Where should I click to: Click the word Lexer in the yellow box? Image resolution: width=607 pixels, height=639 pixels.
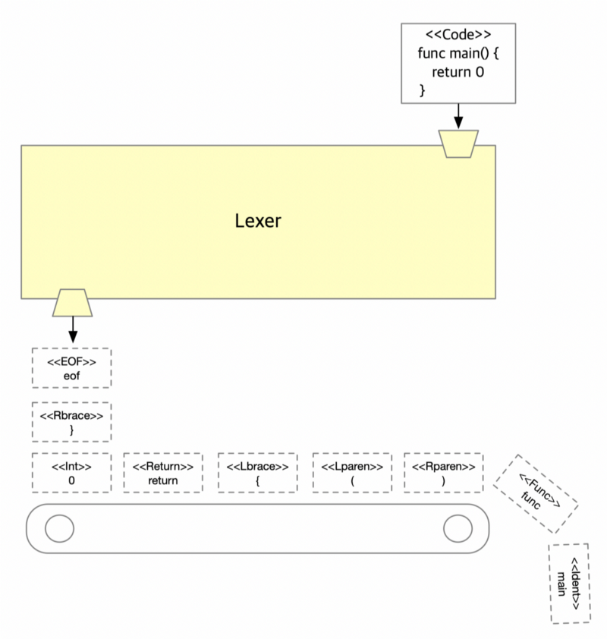(258, 221)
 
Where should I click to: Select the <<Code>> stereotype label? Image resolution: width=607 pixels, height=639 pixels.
(458, 35)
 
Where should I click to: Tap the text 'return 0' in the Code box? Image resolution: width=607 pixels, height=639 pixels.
(458, 73)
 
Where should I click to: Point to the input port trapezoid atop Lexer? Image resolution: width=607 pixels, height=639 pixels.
(458, 143)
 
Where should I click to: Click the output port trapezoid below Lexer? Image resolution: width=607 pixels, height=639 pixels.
(73, 302)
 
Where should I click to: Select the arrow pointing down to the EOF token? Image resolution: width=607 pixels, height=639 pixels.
(73, 329)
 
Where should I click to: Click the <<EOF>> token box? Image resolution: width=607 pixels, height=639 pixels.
(71, 367)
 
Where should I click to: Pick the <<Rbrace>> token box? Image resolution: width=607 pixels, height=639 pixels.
(71, 422)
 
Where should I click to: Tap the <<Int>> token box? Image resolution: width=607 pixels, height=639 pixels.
(71, 472)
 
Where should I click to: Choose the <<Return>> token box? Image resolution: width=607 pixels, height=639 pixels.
(163, 472)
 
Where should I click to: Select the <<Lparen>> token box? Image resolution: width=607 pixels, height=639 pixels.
(352, 472)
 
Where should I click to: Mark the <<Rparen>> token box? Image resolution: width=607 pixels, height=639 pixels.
(443, 472)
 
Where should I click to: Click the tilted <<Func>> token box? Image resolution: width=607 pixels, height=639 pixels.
(536, 493)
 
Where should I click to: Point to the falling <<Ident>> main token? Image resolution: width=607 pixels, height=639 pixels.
(569, 583)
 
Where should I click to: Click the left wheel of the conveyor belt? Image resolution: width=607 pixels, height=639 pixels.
(57, 527)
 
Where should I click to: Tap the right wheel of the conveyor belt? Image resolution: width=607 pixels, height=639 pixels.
(458, 528)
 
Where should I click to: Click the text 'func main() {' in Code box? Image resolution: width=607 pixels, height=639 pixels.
(458, 54)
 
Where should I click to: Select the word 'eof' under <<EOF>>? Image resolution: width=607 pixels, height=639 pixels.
(71, 375)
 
